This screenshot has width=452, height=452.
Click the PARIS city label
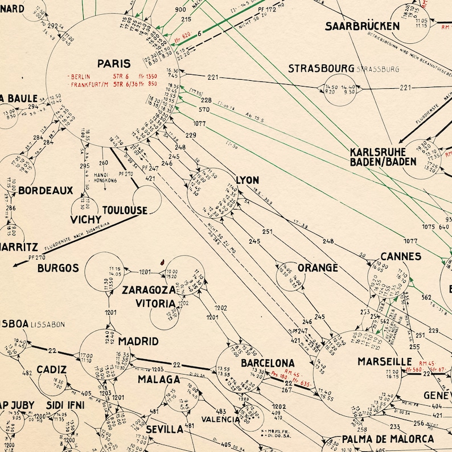(x=114, y=64)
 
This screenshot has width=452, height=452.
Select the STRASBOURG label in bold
(x=320, y=69)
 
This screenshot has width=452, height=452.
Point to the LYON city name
(x=247, y=180)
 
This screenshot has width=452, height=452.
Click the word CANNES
(x=401, y=257)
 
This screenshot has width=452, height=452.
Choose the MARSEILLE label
(x=384, y=361)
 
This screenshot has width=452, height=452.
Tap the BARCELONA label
(x=268, y=363)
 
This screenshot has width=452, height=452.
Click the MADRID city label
(x=138, y=342)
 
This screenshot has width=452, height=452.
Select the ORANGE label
(x=318, y=268)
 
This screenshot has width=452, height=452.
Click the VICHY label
(x=86, y=219)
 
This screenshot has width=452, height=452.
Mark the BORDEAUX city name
(x=46, y=190)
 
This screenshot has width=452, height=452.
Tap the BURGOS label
(x=58, y=268)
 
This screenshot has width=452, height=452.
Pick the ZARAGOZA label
(x=149, y=290)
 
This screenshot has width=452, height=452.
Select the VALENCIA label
(x=220, y=420)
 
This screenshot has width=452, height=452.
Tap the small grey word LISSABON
(x=48, y=324)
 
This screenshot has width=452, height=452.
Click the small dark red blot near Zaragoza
(x=162, y=262)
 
